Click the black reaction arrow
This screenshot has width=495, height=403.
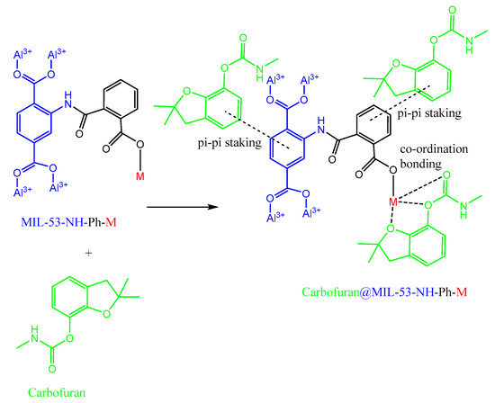[183, 207]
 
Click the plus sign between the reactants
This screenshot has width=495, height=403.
[89, 253]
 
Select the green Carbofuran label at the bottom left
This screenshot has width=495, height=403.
[57, 392]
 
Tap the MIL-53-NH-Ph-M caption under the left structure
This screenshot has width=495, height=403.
[68, 222]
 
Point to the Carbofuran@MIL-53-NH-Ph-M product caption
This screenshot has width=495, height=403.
[384, 292]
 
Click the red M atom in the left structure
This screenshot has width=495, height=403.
[140, 176]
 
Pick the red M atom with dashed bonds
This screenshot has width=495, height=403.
[393, 202]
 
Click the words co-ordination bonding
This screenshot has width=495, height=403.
[434, 157]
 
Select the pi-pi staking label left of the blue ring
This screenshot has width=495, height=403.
[229, 143]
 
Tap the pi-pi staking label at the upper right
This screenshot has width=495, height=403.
[429, 112]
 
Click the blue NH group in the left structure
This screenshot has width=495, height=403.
[67, 100]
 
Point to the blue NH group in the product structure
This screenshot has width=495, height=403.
[321, 125]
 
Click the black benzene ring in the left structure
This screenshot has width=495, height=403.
[121, 98]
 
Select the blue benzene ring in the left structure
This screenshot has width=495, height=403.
[35, 121]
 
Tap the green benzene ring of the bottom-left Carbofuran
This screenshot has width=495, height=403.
[70, 298]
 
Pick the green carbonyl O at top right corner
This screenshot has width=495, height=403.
[453, 10]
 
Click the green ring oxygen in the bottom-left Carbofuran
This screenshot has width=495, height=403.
[107, 313]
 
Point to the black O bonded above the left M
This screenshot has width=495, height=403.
[139, 145]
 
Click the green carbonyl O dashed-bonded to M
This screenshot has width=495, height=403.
[446, 175]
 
